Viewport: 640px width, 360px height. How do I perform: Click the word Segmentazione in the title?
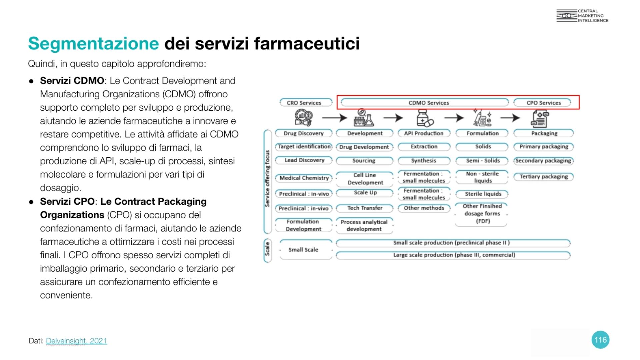(x=93, y=43)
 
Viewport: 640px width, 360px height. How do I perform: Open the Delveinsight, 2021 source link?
(x=76, y=341)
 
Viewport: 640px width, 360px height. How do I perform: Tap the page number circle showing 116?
(x=600, y=340)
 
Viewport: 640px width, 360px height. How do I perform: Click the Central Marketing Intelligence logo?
(x=582, y=16)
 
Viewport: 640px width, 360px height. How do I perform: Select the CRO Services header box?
(x=304, y=103)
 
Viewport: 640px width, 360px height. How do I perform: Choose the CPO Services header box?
(x=543, y=103)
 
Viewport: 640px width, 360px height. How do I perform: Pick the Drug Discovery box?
(x=304, y=133)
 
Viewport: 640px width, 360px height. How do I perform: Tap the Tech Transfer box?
(x=365, y=208)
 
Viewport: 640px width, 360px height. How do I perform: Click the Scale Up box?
(x=365, y=193)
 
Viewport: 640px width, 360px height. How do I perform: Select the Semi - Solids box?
(x=482, y=161)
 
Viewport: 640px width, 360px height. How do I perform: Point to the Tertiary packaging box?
(x=543, y=177)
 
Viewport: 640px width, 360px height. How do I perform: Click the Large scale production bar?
(x=454, y=255)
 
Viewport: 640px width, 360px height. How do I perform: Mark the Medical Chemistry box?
(x=304, y=178)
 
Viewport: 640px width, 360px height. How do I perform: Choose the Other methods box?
(x=424, y=208)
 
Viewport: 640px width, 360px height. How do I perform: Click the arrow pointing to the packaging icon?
(x=510, y=118)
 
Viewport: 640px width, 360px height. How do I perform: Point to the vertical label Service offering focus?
(x=267, y=178)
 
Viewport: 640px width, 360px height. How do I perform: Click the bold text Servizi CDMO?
(x=72, y=81)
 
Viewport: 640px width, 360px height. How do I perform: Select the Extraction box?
(x=424, y=147)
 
